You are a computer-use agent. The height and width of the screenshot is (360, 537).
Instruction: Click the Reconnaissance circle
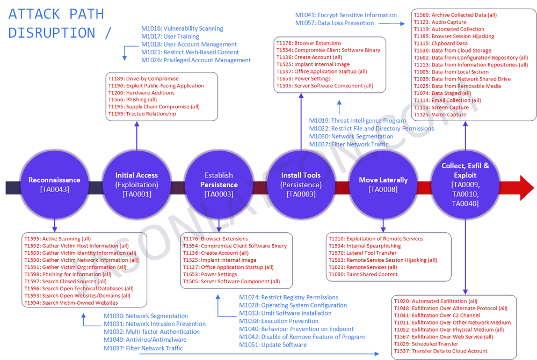coord(54,185)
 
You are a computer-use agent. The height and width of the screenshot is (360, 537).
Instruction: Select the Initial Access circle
coord(136,185)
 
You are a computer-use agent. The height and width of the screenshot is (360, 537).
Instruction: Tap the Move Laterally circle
coord(383,185)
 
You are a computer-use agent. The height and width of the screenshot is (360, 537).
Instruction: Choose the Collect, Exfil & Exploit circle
coord(465,185)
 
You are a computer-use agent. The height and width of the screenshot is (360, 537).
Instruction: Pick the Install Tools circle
coord(301,185)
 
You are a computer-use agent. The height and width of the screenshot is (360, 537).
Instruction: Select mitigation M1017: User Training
coord(170,36)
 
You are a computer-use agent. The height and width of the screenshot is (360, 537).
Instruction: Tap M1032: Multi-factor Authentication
coord(151,332)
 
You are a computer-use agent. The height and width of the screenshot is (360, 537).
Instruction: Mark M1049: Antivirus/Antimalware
coord(145,340)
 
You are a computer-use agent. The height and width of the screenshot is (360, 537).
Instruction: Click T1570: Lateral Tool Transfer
coord(362,253)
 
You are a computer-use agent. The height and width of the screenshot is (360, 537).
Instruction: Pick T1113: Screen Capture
coord(441,107)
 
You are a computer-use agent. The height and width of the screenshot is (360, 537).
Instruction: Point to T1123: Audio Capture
coord(440,22)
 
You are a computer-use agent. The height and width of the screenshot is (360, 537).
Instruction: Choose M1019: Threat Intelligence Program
coord(357,121)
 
